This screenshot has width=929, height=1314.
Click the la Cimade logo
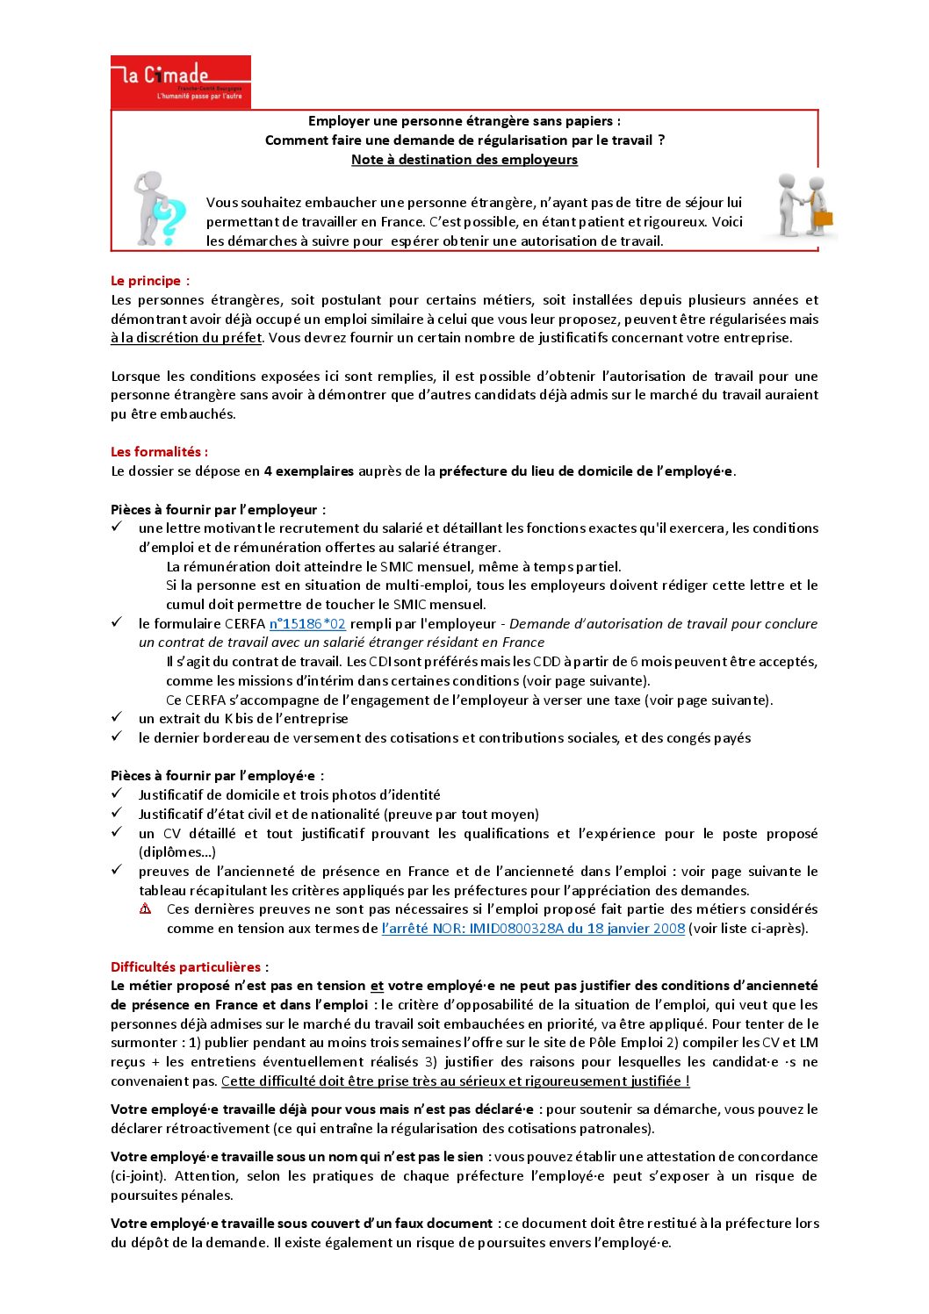pos(180,82)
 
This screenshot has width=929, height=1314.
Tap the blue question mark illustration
pos(167,221)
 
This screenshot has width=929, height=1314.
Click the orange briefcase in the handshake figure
pos(823,218)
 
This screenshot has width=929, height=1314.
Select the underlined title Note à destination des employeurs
pos(464,160)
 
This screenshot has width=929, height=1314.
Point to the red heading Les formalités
pos(158,452)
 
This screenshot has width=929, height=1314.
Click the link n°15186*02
pos(307,624)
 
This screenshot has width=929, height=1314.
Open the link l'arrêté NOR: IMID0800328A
pos(533,929)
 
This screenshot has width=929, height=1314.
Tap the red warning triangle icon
pos(146,909)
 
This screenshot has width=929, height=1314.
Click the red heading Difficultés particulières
pos(186,967)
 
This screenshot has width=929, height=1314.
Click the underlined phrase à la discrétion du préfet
pos(186,338)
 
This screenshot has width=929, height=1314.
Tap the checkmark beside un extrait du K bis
pos(117,718)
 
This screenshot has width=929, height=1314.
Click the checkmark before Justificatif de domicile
pos(117,794)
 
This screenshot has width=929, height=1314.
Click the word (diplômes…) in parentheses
pos(177,852)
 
